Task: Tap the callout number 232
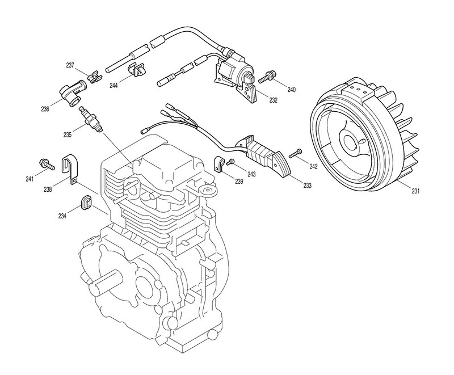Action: [x=274, y=100]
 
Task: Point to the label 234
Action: [x=62, y=216]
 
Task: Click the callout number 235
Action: [x=68, y=135]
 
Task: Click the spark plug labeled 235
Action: [x=91, y=119]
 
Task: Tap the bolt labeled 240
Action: [x=268, y=75]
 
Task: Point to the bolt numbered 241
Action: [x=47, y=165]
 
